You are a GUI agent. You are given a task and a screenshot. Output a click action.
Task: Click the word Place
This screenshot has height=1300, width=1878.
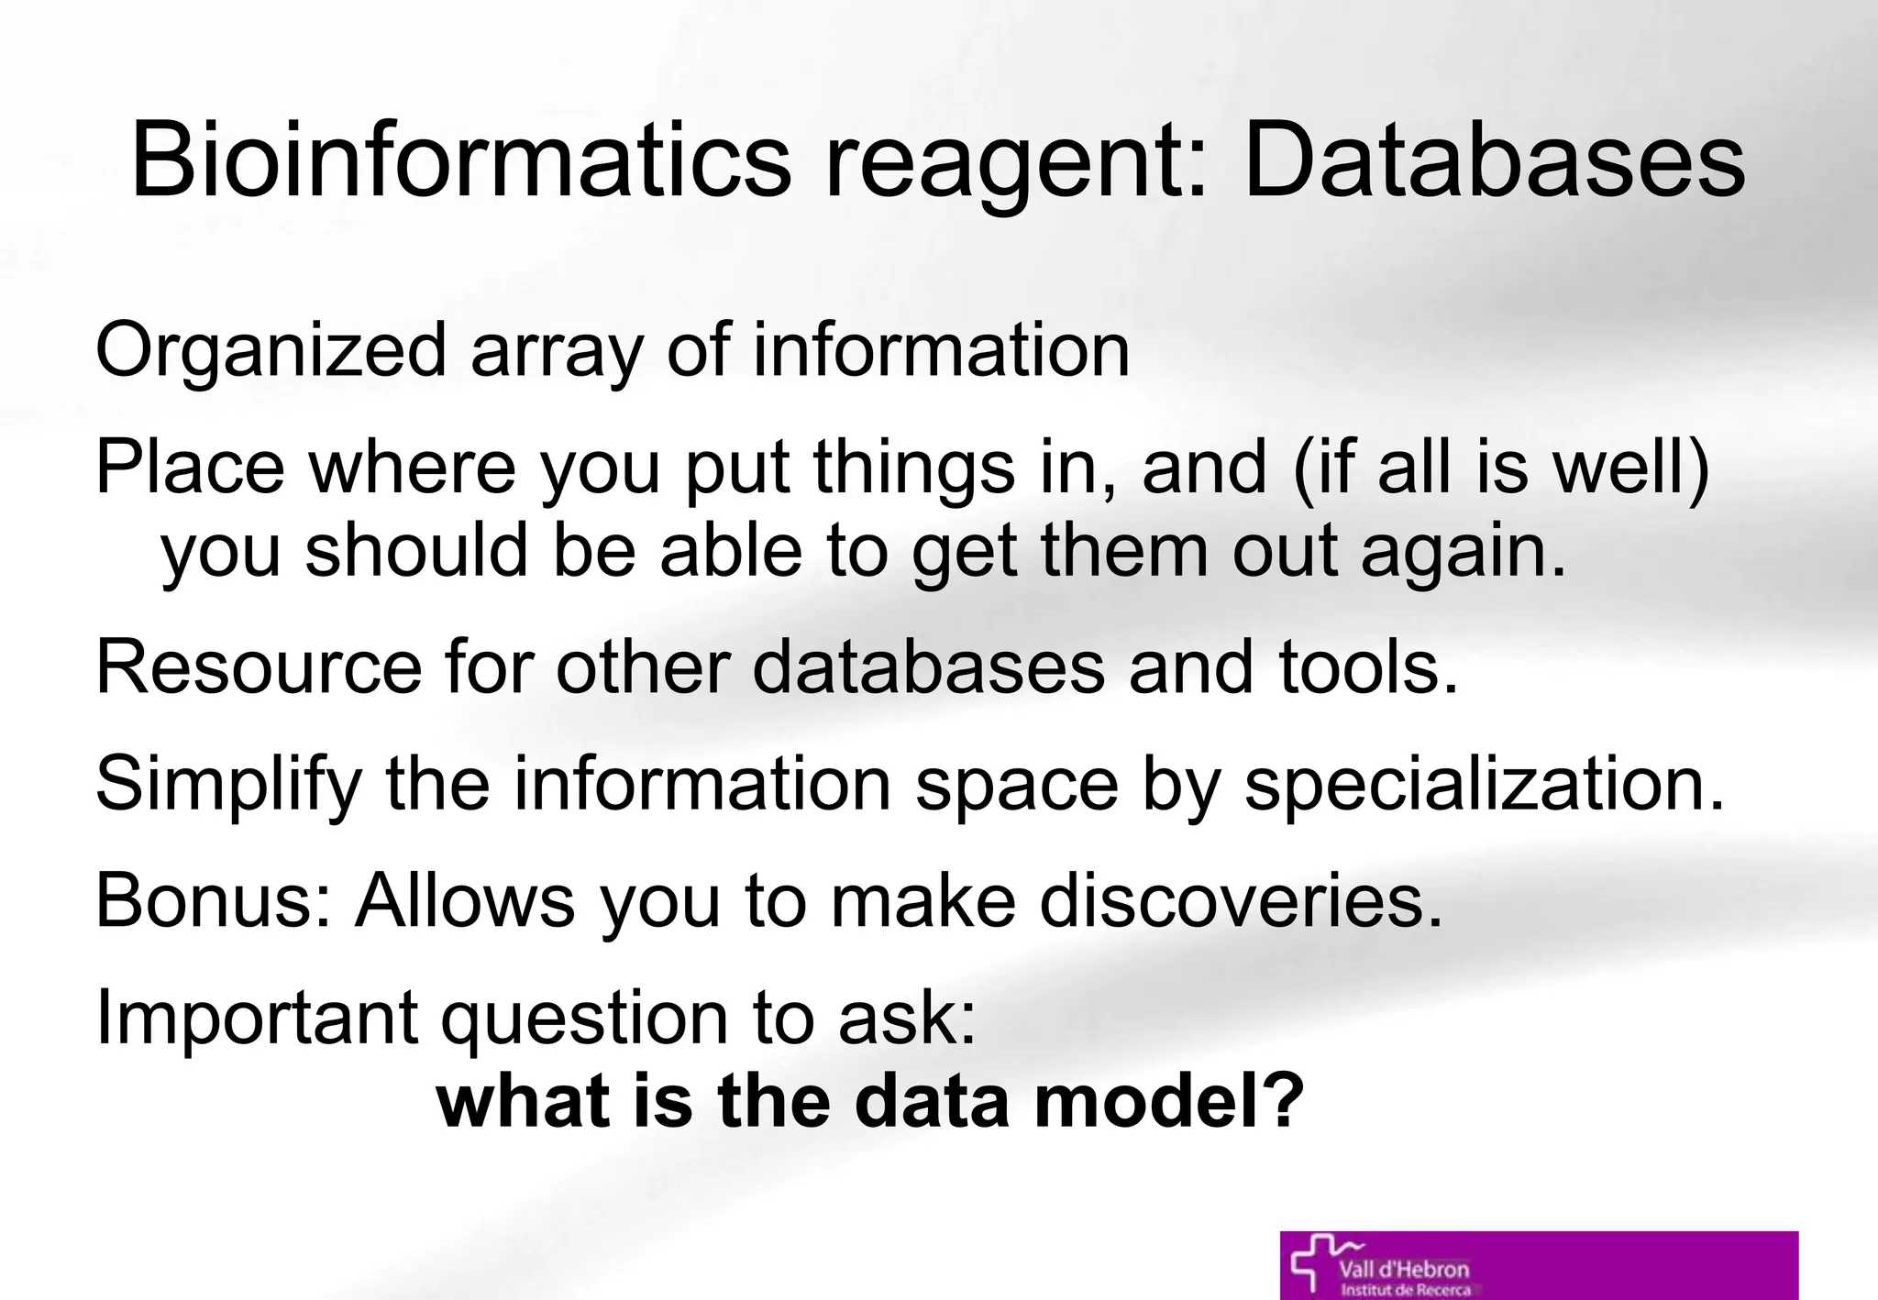click(x=190, y=468)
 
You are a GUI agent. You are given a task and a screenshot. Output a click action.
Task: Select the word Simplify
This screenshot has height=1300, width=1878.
click(x=228, y=786)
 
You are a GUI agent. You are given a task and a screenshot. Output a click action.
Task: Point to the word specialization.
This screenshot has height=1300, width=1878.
click(x=1485, y=786)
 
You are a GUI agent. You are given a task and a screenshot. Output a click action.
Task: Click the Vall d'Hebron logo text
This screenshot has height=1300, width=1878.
click(x=1403, y=1270)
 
